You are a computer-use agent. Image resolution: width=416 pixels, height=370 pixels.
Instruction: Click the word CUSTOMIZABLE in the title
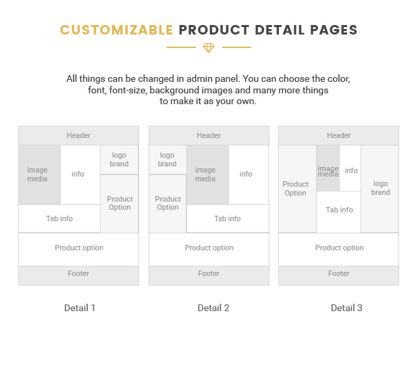pyautogui.click(x=116, y=30)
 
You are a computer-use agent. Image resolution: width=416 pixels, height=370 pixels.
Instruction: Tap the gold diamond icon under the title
pyautogui.click(x=209, y=48)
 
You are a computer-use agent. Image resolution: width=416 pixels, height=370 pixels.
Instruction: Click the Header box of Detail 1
pyautogui.click(x=78, y=135)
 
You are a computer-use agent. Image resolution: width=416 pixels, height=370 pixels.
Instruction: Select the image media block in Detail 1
pyautogui.click(x=40, y=175)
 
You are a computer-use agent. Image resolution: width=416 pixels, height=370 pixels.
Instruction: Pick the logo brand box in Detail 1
pyautogui.click(x=119, y=160)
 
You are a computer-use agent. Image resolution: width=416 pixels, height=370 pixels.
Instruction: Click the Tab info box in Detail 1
pyautogui.click(x=59, y=218)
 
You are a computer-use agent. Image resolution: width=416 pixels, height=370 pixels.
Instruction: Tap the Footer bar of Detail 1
pyautogui.click(x=78, y=275)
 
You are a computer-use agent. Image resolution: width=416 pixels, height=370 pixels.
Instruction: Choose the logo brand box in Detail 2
pyautogui.click(x=167, y=160)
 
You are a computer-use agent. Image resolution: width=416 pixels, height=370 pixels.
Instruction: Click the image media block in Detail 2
pyautogui.click(x=208, y=175)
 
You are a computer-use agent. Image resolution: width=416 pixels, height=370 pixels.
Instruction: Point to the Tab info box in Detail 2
pyautogui.click(x=228, y=218)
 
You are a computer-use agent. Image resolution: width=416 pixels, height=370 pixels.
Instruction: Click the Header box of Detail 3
pyautogui.click(x=338, y=135)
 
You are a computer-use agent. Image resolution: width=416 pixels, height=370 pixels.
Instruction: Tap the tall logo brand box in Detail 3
pyautogui.click(x=380, y=189)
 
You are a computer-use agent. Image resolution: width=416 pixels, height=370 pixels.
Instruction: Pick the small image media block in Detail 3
pyautogui.click(x=328, y=168)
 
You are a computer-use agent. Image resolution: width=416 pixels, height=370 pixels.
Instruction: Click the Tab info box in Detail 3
pyautogui.click(x=339, y=212)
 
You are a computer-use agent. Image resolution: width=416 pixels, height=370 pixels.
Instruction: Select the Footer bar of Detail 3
pyautogui.click(x=338, y=275)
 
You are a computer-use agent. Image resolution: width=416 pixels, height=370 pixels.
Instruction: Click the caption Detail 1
pyautogui.click(x=80, y=308)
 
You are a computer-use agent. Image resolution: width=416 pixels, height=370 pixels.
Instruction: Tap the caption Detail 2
pyautogui.click(x=213, y=308)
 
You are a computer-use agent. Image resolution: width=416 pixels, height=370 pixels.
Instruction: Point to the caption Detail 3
pyautogui.click(x=346, y=308)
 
